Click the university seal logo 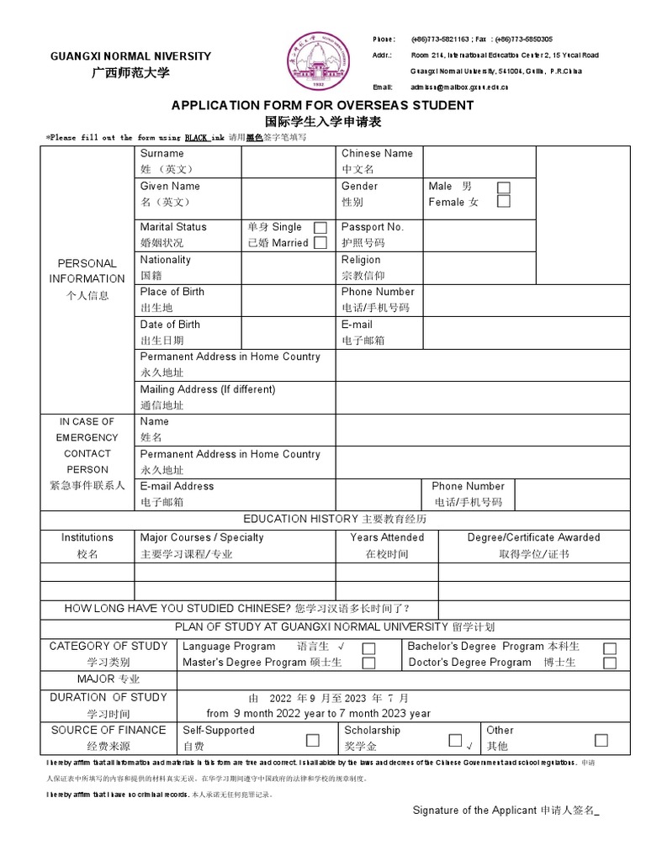(x=318, y=60)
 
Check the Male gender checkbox (x=503, y=187)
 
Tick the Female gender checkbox (x=503, y=202)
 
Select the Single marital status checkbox (x=320, y=228)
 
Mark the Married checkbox (x=320, y=243)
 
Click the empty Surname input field (x=289, y=161)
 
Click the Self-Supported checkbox (x=313, y=740)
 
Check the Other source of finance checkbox (x=601, y=740)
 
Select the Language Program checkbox (x=368, y=648)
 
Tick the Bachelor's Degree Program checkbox (x=610, y=648)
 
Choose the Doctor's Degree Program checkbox (x=610, y=663)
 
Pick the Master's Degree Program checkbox (x=368, y=663)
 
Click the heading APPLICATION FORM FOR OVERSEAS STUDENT (x=322, y=106)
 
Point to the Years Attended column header (x=387, y=537)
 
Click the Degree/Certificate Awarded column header (x=534, y=537)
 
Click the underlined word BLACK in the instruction (x=185, y=137)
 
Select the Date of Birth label (x=171, y=325)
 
